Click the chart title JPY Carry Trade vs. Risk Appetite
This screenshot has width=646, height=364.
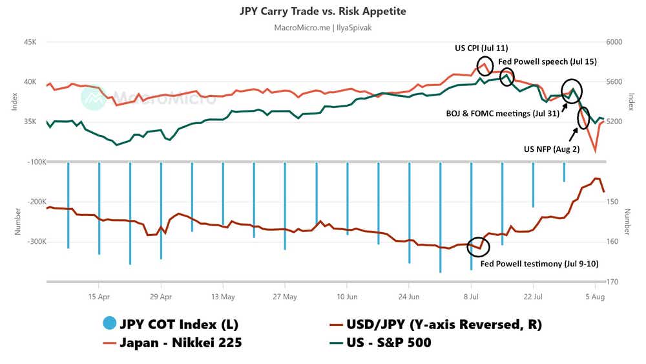coord(323,12)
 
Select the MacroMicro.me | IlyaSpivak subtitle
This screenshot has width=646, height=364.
coord(323,28)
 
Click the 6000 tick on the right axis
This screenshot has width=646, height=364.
coord(614,42)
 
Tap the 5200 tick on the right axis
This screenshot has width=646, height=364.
coord(614,122)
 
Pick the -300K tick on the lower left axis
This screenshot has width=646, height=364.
coord(29,242)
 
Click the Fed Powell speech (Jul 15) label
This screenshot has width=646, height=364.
coord(547,61)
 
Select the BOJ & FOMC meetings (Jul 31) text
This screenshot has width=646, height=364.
coord(503,113)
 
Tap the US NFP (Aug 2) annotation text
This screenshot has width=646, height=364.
coord(551,149)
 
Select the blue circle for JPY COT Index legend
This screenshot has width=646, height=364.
coord(111,325)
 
